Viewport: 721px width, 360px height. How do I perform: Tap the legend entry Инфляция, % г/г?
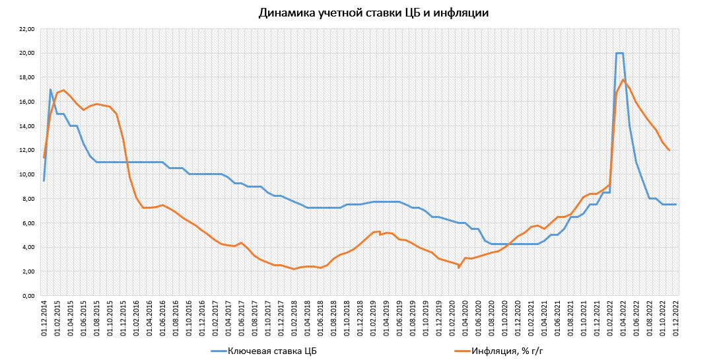(506, 349)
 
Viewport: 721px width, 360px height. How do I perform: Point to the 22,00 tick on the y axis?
(26, 29)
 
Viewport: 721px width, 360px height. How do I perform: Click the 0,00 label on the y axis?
(28, 296)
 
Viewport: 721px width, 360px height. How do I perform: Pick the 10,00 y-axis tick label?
(26, 174)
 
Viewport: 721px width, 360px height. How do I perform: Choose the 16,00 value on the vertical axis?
(26, 102)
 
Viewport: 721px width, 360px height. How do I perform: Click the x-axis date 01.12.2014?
(44, 318)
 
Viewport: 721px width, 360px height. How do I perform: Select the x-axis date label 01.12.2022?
(676, 318)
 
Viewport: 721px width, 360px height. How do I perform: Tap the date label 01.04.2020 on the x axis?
(465, 318)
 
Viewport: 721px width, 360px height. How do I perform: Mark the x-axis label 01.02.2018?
(294, 318)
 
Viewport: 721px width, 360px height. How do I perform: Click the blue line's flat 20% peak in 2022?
(620, 53)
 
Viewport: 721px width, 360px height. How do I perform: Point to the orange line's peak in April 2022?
(623, 80)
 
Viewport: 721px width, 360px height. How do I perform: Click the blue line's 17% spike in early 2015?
(50, 90)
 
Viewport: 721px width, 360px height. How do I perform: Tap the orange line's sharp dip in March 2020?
(459, 268)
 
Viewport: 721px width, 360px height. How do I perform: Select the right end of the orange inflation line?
(669, 150)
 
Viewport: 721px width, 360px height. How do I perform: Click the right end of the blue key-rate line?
(676, 204)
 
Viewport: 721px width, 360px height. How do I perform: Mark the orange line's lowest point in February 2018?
(294, 269)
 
